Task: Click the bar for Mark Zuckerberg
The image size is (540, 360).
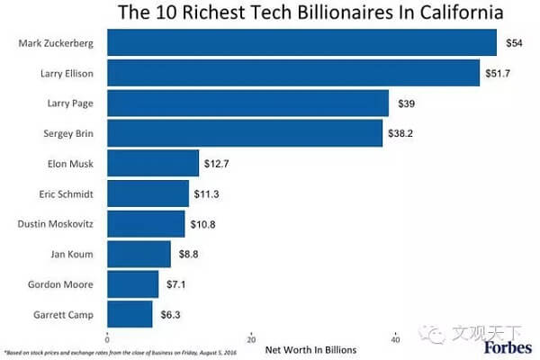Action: (x=301, y=42)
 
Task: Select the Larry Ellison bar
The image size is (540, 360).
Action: (x=293, y=73)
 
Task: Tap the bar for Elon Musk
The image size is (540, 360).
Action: (x=153, y=163)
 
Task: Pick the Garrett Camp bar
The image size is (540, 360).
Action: (x=130, y=315)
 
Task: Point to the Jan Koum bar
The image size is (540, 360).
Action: (x=139, y=254)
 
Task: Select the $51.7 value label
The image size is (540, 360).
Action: (x=498, y=73)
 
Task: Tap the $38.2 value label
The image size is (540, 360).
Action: (x=400, y=133)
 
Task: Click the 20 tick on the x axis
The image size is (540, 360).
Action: (x=251, y=339)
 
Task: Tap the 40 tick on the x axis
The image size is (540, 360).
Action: (x=396, y=339)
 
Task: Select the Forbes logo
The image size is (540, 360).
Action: (x=508, y=346)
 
